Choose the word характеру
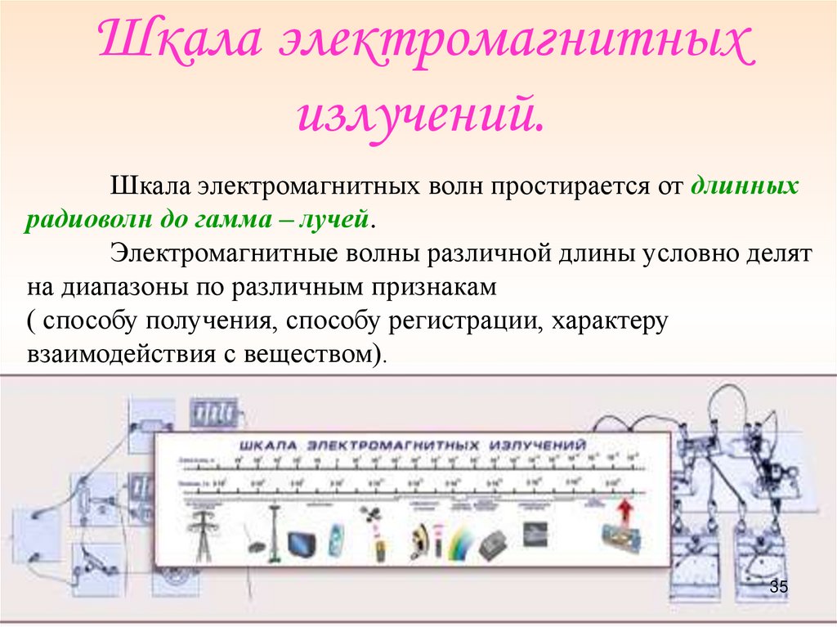610,320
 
